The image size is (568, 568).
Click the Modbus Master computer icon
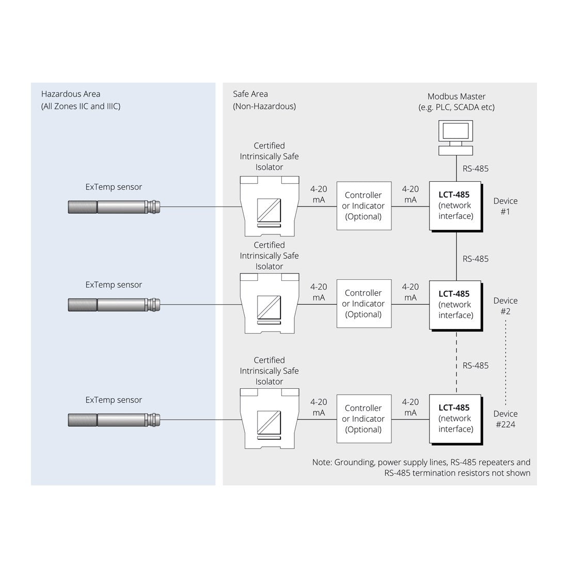pos(455,137)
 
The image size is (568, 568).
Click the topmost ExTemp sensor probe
pos(114,207)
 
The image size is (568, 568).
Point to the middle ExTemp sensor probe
pos(114,305)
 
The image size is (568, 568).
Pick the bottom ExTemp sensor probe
pos(114,419)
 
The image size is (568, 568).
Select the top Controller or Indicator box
pos(364,206)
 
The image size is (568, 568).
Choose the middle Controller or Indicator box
pos(364,304)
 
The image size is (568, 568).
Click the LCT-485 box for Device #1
pos(455,206)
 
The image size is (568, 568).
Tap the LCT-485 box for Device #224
pos(455,419)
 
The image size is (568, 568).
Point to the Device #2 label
pos(505,306)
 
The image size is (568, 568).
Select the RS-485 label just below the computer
pos(475,168)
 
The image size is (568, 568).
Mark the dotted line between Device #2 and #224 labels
pos(505,361)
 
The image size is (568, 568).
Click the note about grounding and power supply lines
pos(421,467)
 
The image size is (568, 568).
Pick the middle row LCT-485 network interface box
pos(455,305)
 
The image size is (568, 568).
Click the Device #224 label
pos(505,419)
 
